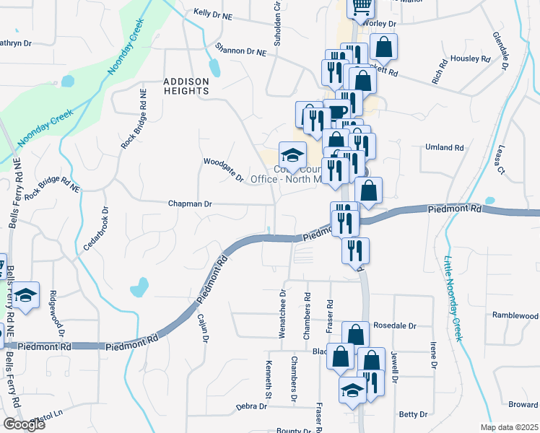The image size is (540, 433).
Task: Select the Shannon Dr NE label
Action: (x=240, y=50)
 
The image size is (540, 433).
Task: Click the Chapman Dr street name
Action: (x=190, y=204)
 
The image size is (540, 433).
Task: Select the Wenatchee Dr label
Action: (x=283, y=313)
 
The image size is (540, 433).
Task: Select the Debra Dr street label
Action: (x=251, y=407)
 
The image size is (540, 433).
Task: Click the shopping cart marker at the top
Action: (x=360, y=7)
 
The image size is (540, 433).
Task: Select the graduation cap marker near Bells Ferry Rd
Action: (x=26, y=295)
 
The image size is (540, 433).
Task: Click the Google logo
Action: (x=24, y=424)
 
